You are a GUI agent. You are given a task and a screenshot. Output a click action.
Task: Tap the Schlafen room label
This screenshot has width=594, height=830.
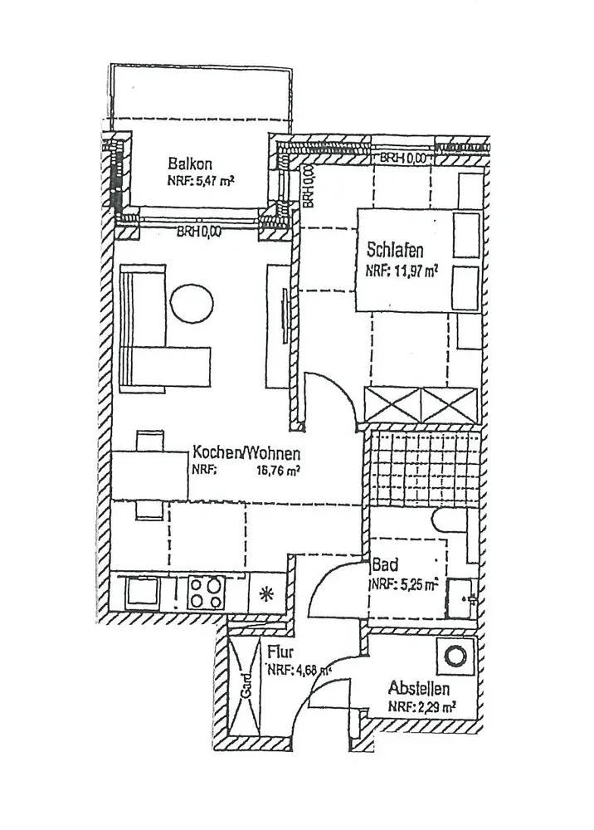[396, 248]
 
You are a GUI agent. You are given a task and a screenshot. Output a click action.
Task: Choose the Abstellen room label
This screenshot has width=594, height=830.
[419, 689]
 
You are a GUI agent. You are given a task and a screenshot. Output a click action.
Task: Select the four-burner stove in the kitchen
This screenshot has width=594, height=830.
[204, 593]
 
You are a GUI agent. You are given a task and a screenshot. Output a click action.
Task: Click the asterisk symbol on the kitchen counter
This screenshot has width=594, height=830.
[265, 593]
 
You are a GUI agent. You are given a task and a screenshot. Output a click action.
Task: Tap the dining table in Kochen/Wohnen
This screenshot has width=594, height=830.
[149, 476]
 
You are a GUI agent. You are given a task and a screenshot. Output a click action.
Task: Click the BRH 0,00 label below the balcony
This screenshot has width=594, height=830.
[198, 232]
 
